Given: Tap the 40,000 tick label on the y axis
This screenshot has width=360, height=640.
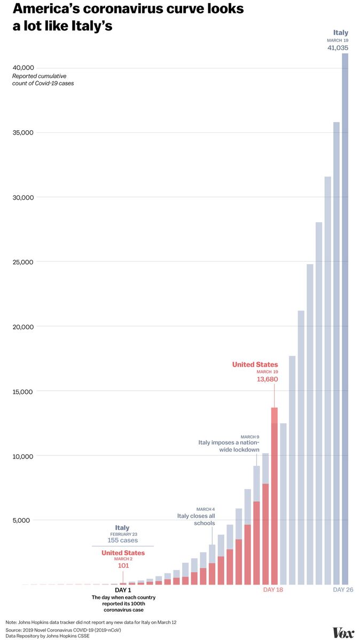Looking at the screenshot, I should click(x=23, y=68).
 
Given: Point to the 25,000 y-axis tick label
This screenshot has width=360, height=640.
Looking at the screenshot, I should click(x=23, y=262).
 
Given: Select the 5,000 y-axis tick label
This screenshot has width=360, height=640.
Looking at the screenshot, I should click(x=25, y=520).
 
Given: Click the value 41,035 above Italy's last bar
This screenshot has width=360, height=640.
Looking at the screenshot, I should click(x=338, y=48).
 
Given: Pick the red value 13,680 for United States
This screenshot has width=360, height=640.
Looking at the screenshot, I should click(x=267, y=380).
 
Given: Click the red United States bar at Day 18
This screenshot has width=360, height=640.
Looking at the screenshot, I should click(x=274, y=496).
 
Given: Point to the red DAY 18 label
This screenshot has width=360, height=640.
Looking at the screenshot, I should click(x=273, y=590).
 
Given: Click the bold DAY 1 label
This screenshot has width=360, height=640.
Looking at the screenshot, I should click(x=123, y=590).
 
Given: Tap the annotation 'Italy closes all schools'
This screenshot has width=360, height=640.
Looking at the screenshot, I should click(x=196, y=519).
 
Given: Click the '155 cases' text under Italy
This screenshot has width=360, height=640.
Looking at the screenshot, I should click(x=123, y=541).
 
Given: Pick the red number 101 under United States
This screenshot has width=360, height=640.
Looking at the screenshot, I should click(x=123, y=566).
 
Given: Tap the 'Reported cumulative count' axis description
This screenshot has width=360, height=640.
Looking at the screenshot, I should click(x=43, y=80).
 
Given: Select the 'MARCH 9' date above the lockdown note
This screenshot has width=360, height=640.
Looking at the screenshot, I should click(x=249, y=437).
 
